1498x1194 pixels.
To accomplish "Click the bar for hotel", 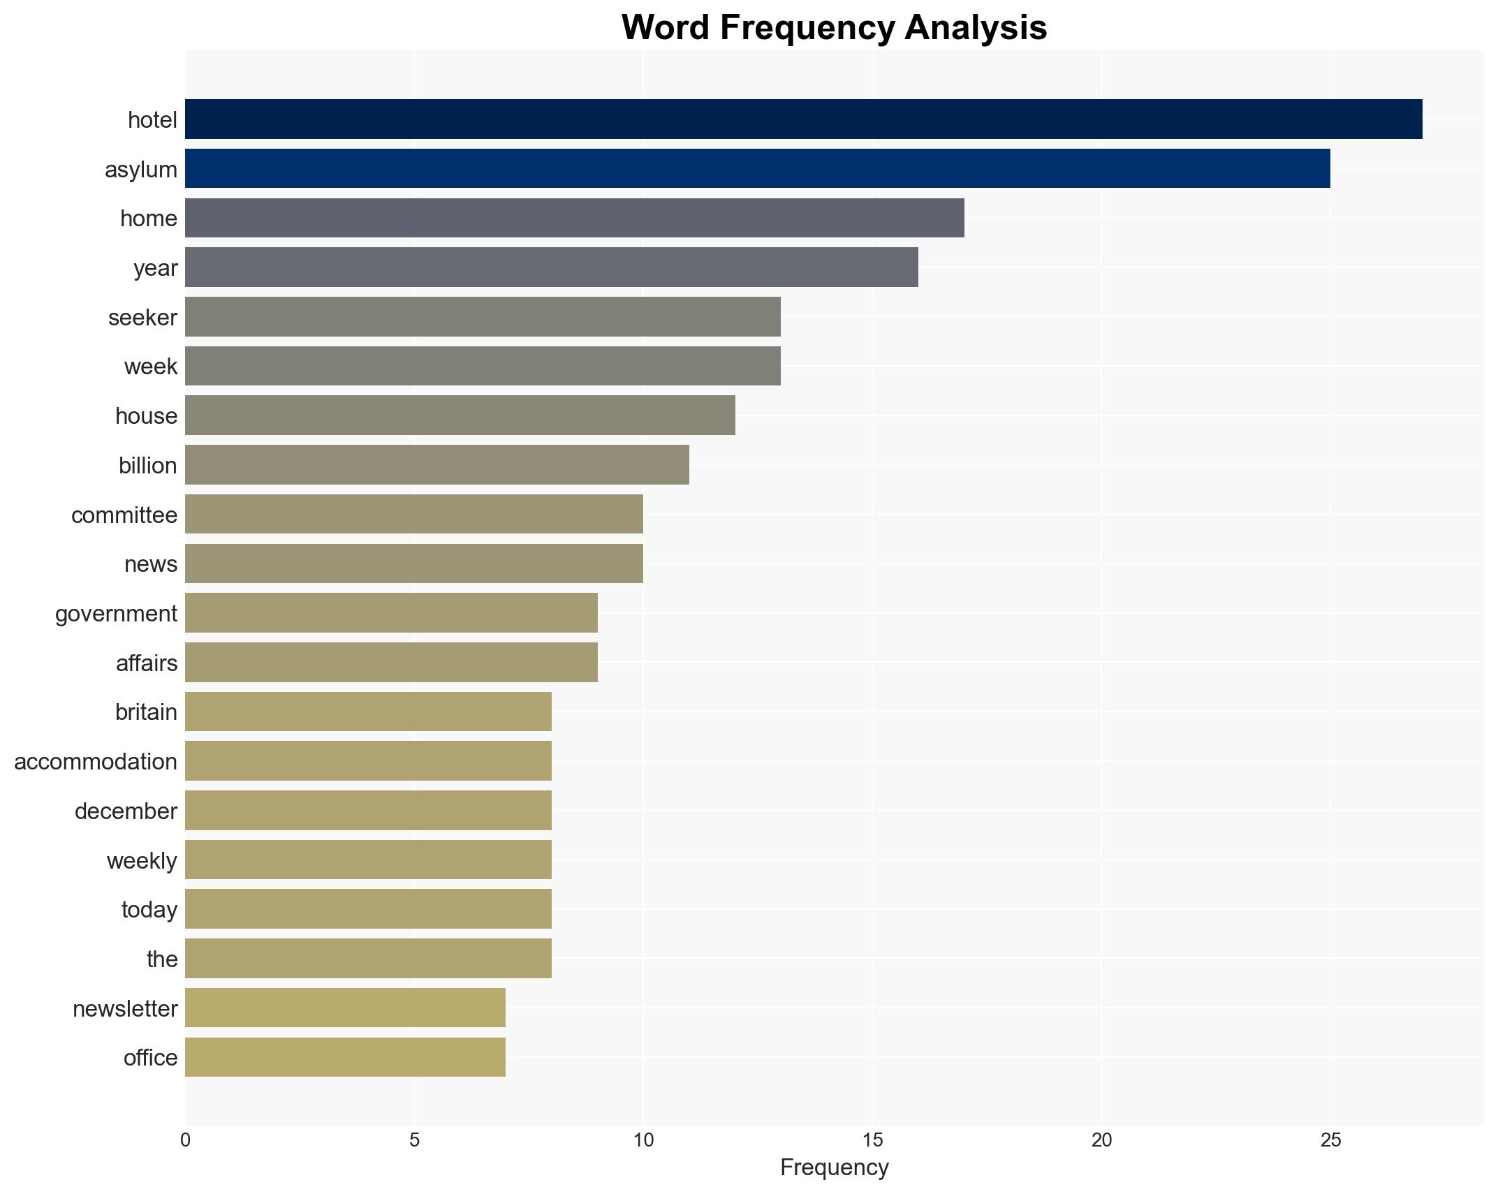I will click(803, 119).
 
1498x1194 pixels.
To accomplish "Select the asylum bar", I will click(757, 169).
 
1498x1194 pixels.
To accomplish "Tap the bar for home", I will click(574, 218).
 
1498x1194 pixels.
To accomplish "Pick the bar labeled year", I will click(551, 267).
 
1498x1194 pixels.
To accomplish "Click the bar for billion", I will click(436, 465).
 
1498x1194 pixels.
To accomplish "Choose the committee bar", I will click(413, 515).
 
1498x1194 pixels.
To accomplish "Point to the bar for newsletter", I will click(345, 1008).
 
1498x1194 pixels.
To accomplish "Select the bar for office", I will click(345, 1057).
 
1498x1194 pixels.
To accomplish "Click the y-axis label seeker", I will click(142, 318).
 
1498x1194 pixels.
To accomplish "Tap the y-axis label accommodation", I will click(96, 762).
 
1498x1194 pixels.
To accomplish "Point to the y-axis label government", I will click(116, 614).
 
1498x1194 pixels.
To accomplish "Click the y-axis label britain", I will click(146, 712).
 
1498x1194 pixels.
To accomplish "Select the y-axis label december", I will click(126, 811).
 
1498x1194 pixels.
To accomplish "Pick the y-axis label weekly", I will click(142, 861).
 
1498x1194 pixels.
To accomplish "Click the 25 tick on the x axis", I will click(1330, 1140).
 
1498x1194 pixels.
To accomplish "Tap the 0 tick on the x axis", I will click(185, 1140).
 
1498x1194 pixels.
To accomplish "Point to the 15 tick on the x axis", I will click(872, 1140).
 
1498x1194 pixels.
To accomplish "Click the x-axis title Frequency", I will click(834, 1167).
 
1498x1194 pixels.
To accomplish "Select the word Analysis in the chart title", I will click(976, 29).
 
